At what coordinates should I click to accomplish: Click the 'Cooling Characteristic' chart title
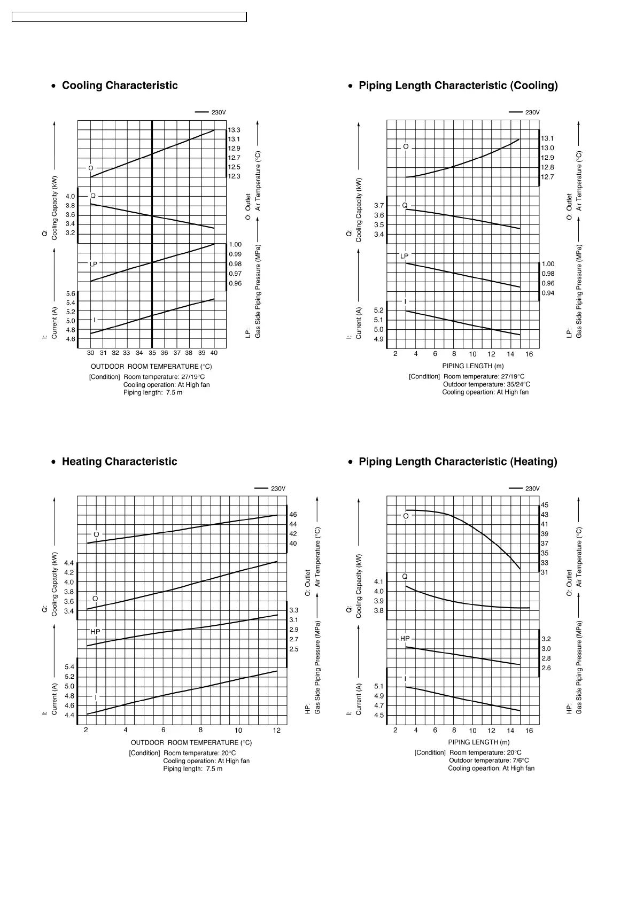click(120, 86)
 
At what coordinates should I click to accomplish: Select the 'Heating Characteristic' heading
click(119, 462)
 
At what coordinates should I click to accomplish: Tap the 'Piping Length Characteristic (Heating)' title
click(457, 462)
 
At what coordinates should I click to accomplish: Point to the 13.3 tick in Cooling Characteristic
click(234, 130)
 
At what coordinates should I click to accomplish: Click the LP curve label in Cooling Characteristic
click(94, 264)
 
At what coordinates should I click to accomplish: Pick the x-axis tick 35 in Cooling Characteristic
click(152, 353)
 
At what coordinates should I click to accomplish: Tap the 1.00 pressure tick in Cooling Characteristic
click(235, 245)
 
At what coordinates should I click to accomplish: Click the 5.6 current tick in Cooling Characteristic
click(71, 294)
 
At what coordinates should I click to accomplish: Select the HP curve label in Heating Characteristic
click(95, 632)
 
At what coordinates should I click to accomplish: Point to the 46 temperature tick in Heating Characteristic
click(293, 515)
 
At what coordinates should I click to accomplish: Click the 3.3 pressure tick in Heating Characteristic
click(293, 610)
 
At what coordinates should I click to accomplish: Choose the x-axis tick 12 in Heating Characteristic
click(277, 731)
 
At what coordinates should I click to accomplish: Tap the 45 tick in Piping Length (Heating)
click(544, 505)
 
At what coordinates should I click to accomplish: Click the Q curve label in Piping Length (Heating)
click(405, 577)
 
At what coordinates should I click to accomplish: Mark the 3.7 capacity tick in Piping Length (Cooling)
click(379, 206)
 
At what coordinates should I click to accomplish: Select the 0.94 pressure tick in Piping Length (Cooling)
click(548, 293)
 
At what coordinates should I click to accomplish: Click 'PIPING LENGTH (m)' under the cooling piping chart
click(472, 366)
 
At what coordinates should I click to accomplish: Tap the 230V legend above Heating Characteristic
click(278, 488)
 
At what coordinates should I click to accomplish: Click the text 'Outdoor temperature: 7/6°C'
click(488, 761)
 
